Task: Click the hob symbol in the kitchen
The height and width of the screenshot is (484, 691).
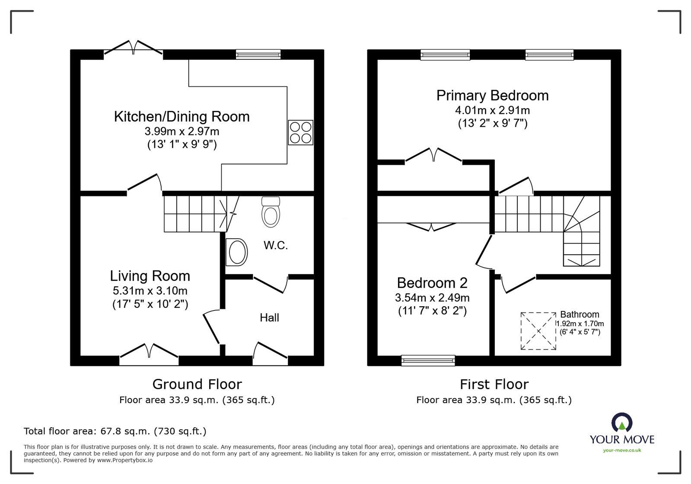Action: (300, 132)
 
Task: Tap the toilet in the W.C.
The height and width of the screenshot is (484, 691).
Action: (271, 212)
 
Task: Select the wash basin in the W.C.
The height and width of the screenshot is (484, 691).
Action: (237, 252)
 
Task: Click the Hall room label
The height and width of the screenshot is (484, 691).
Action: (269, 318)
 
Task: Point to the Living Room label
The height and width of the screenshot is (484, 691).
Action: (150, 276)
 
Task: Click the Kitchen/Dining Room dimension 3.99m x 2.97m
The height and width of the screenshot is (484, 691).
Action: (182, 131)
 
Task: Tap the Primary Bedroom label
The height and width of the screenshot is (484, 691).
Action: (492, 96)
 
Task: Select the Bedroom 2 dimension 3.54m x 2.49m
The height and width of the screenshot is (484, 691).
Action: (432, 298)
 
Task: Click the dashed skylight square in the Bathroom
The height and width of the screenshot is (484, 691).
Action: (538, 331)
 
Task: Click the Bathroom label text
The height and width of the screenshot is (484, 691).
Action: (580, 314)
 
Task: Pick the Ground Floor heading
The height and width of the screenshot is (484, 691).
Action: (197, 384)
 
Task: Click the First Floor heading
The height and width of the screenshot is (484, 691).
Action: (494, 384)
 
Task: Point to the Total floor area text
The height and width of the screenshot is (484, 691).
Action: (115, 431)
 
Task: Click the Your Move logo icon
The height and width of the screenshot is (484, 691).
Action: (621, 422)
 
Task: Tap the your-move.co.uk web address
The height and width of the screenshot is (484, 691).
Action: (622, 450)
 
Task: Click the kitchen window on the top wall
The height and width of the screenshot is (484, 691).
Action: (258, 54)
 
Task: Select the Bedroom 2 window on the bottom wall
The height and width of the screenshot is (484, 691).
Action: (428, 360)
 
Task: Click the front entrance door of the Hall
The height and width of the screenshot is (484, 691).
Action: (270, 351)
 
